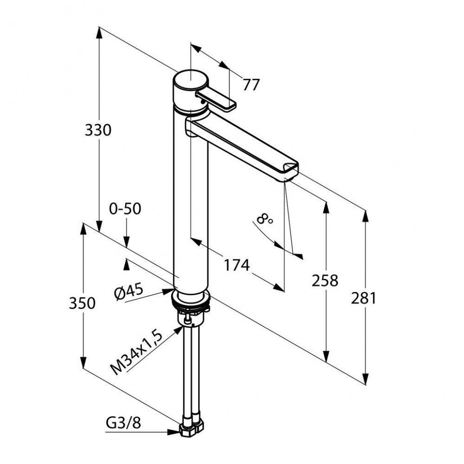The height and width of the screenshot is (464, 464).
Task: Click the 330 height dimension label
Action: point(98,130)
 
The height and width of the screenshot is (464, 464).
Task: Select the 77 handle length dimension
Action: point(251,85)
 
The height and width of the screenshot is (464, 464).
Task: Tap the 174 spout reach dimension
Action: point(237,265)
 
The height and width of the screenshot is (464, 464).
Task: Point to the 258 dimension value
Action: point(325,280)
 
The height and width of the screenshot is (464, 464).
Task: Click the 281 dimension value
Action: point(363,298)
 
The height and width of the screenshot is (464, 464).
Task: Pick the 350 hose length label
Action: point(82,303)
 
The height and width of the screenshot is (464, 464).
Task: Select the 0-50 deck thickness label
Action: point(125,209)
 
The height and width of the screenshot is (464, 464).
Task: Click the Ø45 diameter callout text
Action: point(129,292)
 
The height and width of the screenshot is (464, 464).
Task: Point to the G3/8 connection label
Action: point(122,423)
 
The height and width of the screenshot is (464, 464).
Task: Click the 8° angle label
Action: point(265,219)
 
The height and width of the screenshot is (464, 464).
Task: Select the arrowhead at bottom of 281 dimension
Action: point(365,379)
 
